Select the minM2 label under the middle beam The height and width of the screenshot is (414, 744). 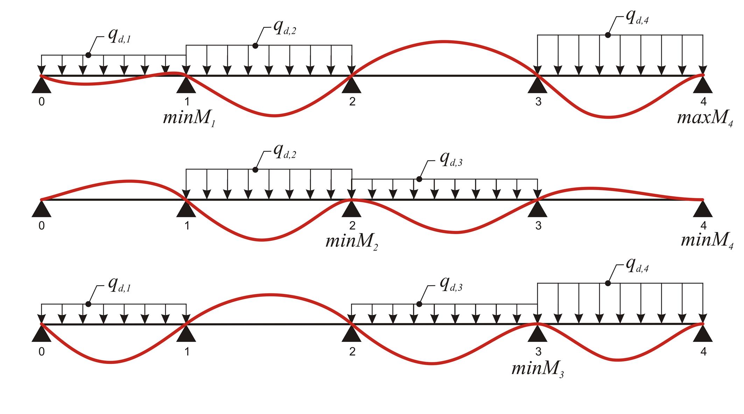click(352, 242)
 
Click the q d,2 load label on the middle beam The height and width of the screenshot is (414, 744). click(285, 152)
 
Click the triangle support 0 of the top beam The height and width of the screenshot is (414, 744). click(42, 86)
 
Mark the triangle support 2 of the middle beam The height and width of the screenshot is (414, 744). click(351, 210)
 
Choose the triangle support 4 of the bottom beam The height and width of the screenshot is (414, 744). click(703, 335)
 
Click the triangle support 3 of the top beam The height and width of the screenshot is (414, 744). click(537, 86)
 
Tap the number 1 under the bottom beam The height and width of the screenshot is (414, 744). click(187, 351)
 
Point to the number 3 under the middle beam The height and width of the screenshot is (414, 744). click(538, 226)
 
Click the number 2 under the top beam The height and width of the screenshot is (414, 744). click(352, 101)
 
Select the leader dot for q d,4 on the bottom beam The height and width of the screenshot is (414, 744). click(608, 283)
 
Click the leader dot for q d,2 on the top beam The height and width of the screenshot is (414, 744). click(255, 46)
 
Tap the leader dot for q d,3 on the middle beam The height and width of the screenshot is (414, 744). click(419, 179)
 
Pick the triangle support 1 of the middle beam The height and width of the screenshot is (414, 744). click(186, 210)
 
